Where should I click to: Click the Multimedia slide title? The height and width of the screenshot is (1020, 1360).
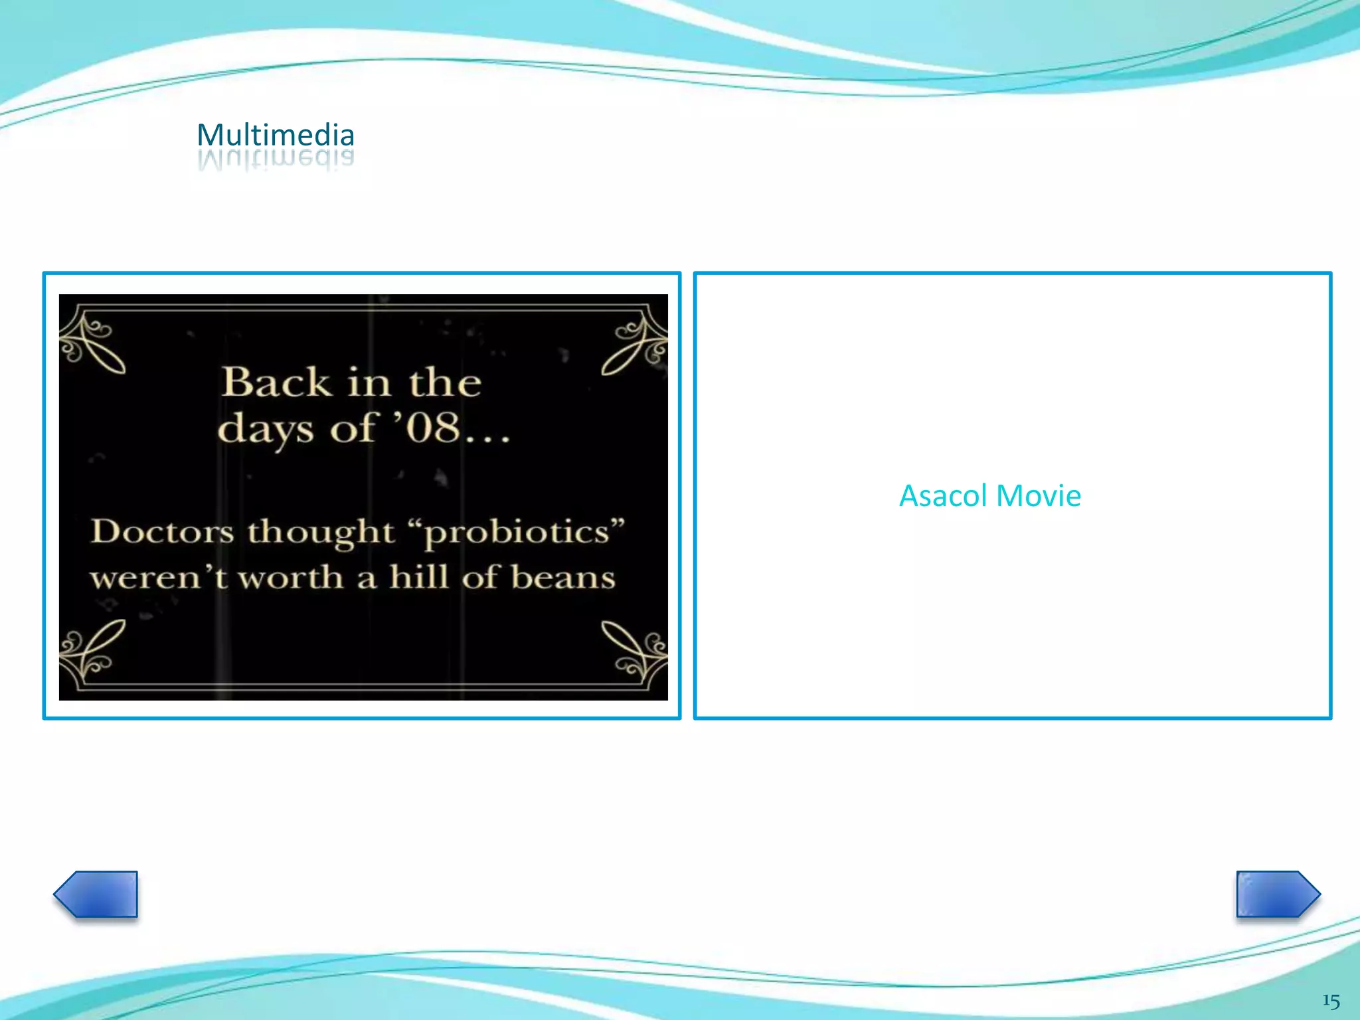click(x=276, y=135)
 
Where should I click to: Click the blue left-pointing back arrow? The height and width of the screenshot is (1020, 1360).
click(x=96, y=894)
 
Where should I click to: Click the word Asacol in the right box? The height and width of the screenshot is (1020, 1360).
click(x=943, y=496)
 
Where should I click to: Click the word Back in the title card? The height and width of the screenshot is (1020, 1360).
click(x=276, y=382)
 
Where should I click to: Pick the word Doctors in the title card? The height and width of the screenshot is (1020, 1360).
click(x=163, y=531)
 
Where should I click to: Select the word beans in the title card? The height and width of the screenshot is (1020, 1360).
click(x=563, y=576)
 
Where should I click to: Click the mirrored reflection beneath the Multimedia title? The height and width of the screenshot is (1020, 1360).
click(x=276, y=160)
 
